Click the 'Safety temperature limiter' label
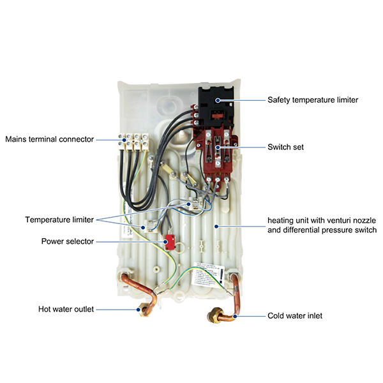(x=313, y=100)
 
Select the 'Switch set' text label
(x=285, y=147)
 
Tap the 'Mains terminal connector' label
(x=50, y=139)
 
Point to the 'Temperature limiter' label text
(x=59, y=220)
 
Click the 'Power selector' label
(x=68, y=241)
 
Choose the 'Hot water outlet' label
(x=66, y=309)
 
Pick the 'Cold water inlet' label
(x=295, y=316)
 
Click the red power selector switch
(x=170, y=242)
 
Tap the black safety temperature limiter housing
(x=216, y=106)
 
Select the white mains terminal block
(x=133, y=142)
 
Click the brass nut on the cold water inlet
(x=215, y=315)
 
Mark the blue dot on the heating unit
(x=216, y=227)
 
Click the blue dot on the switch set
(x=218, y=147)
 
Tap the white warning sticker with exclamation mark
(x=208, y=274)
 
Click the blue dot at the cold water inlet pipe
(x=235, y=317)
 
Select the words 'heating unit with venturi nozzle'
(x=322, y=220)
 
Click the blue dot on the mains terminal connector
(x=124, y=140)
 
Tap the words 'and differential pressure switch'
(x=322, y=230)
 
